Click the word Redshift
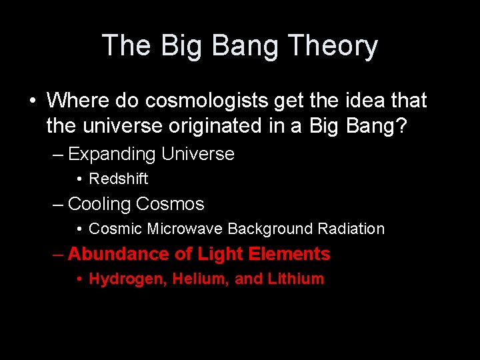119,179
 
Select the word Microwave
185,229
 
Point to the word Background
271,229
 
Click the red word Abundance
109,254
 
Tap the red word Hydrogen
127,279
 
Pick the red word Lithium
296,279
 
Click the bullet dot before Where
33,101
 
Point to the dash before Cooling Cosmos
58,204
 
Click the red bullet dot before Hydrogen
79,279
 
